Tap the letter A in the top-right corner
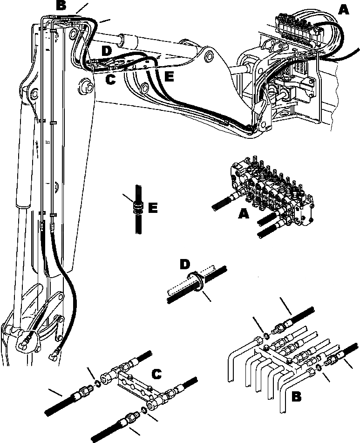point(344,9)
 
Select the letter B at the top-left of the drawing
point(61,6)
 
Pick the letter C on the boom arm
point(110,80)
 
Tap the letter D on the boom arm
point(106,50)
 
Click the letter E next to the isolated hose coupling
point(152,207)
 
